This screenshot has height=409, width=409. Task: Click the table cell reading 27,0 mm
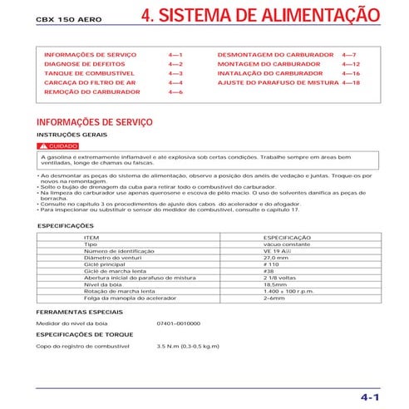tap(275, 258)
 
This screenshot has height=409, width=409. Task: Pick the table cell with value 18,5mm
tap(273, 284)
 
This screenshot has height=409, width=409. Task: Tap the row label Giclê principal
tap(104, 264)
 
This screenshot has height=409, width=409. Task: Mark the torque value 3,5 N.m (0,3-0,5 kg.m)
tap(188, 344)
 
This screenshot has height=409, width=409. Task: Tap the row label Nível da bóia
tap(101, 284)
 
